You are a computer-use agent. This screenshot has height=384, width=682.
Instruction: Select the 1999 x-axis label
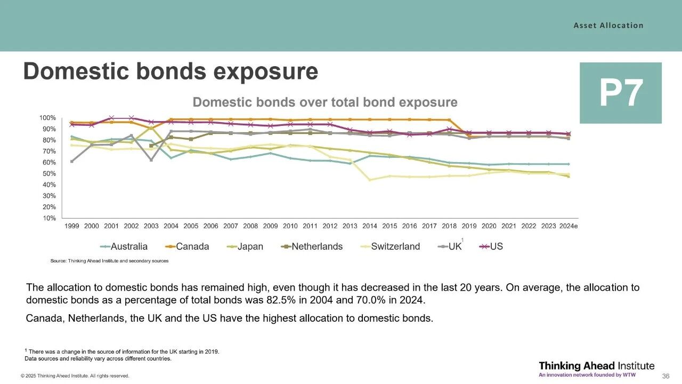click(72, 226)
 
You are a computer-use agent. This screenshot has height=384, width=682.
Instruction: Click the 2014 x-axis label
click(370, 226)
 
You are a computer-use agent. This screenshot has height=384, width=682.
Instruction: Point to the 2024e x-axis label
click(569, 226)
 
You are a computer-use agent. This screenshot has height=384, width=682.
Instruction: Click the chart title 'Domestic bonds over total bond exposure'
click(325, 102)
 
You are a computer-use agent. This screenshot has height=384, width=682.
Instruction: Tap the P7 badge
click(621, 93)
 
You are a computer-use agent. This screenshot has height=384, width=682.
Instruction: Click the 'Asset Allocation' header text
click(608, 25)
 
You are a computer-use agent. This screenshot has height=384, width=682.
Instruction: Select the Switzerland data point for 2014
click(370, 180)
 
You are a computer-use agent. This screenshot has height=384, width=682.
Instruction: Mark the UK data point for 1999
click(72, 161)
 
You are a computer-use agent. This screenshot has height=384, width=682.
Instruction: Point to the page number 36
click(665, 376)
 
